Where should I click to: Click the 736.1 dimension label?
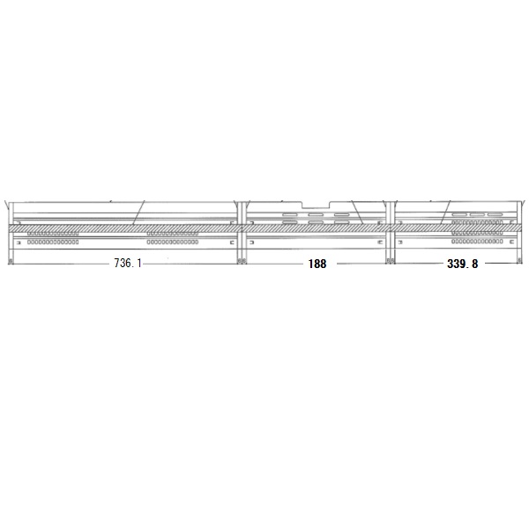(x=128, y=263)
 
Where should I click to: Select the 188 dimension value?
(x=317, y=264)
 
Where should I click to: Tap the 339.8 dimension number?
(x=462, y=264)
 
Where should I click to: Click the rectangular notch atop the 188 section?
(x=316, y=205)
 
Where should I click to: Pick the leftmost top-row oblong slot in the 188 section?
(x=290, y=214)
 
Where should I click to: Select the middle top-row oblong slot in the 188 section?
(x=316, y=214)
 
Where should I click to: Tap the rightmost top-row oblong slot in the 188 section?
(x=341, y=214)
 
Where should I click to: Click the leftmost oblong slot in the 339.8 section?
(x=459, y=214)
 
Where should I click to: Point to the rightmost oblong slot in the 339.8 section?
(x=495, y=214)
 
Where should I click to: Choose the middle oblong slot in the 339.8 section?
(x=477, y=214)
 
